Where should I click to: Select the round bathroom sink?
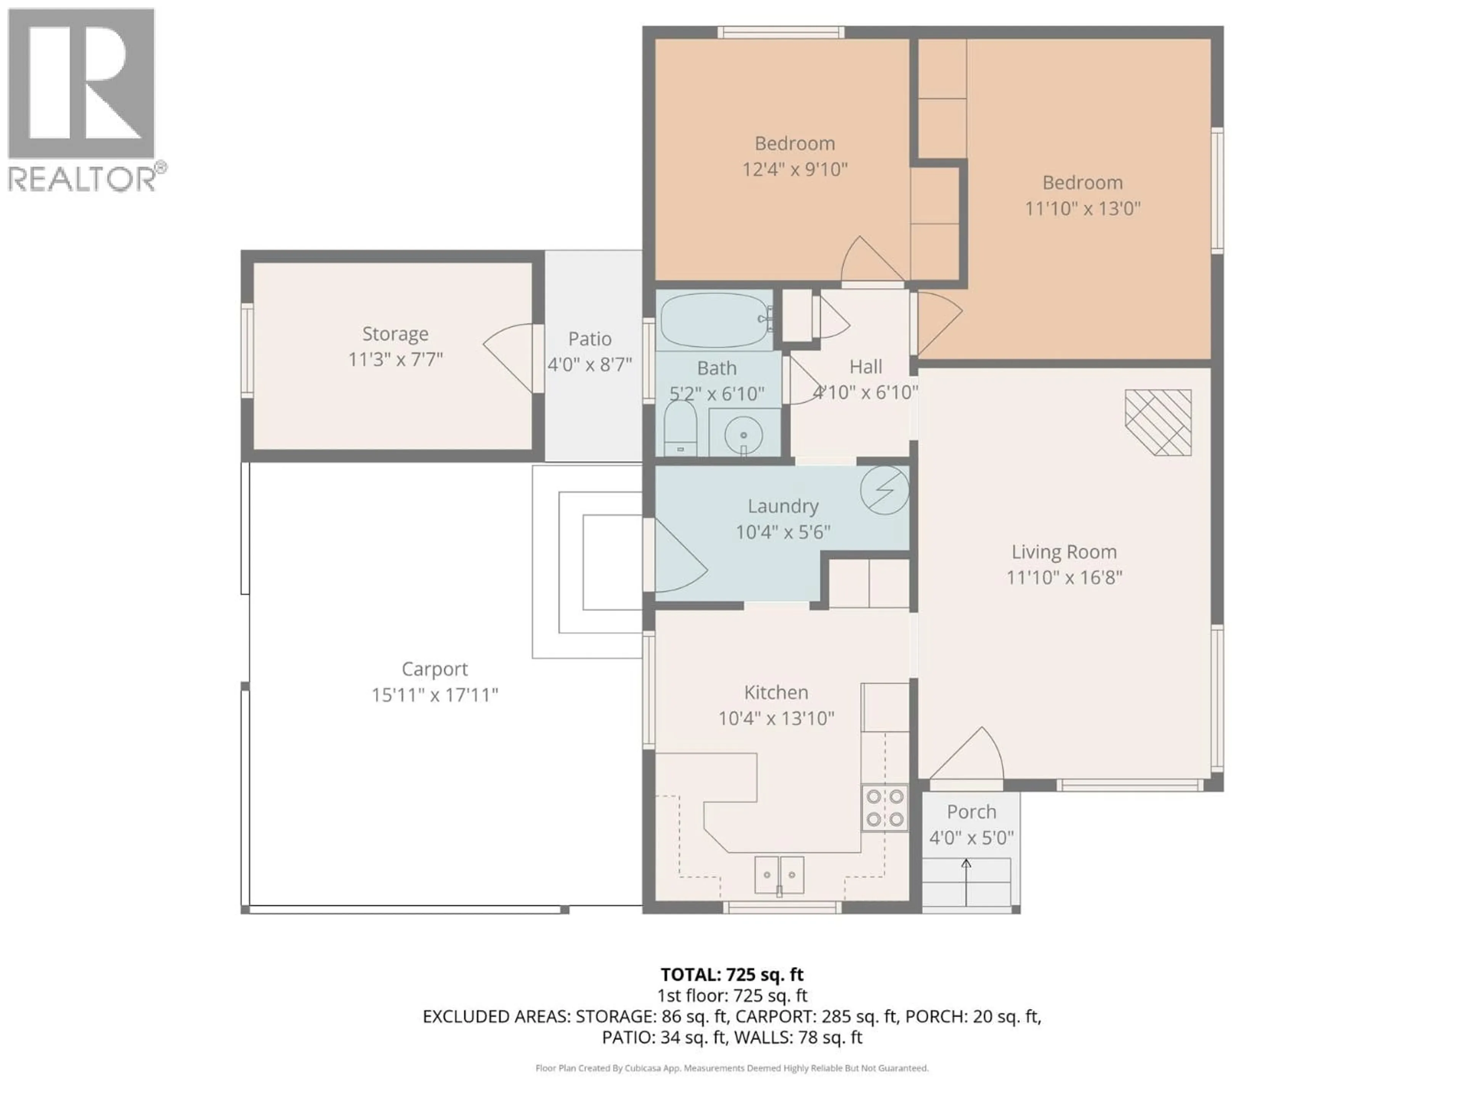(x=743, y=435)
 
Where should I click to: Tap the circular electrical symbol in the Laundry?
(x=884, y=490)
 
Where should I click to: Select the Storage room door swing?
(x=510, y=357)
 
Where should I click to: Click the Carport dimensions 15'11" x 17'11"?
(x=434, y=695)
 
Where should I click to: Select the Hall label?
(x=866, y=367)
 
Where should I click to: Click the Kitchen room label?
(x=776, y=692)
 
